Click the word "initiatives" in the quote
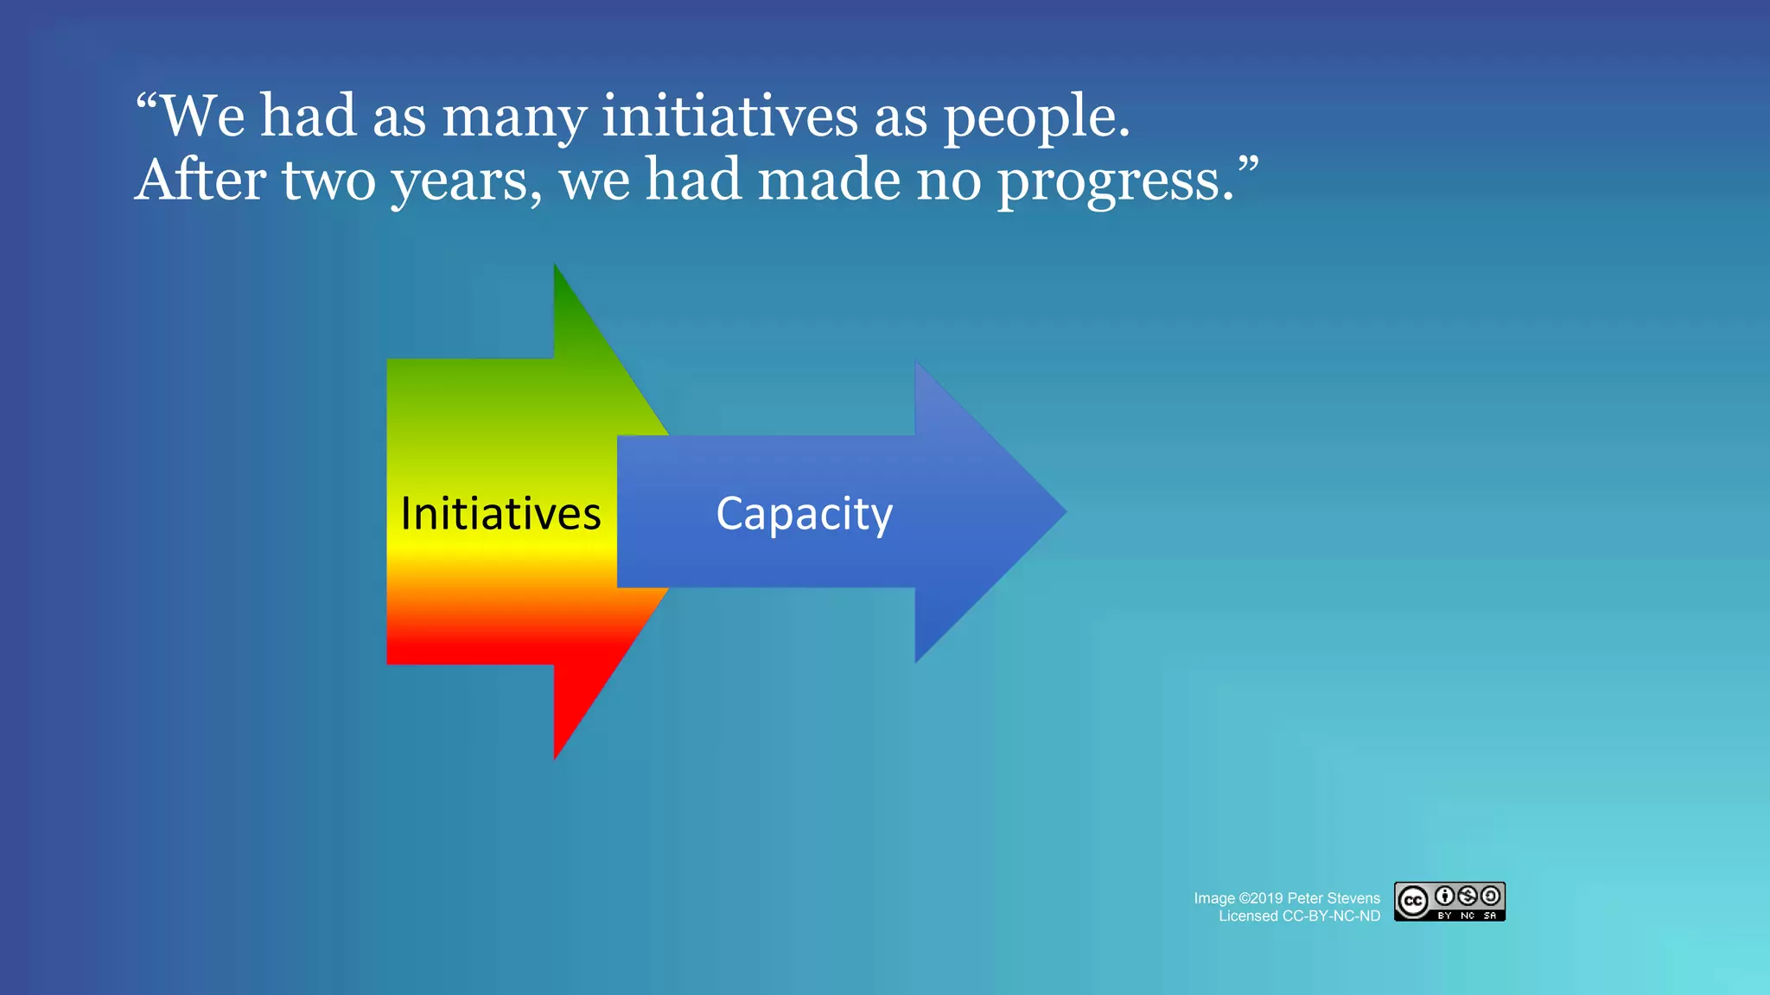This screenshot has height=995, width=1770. pos(729,117)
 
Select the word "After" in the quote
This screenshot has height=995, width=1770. pos(201,181)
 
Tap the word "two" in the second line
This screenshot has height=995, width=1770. pos(328,181)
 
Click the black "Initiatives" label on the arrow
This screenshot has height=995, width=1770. pos(500,514)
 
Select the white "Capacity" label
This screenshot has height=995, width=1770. pos(804,514)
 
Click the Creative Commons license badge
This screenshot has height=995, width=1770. pos(1449,902)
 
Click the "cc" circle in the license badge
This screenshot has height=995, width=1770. pos(1413,902)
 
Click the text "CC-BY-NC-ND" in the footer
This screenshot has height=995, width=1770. pos(1331,916)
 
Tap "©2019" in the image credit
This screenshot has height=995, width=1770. pos(1261,898)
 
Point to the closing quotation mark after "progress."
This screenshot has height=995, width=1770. pos(1247,164)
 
